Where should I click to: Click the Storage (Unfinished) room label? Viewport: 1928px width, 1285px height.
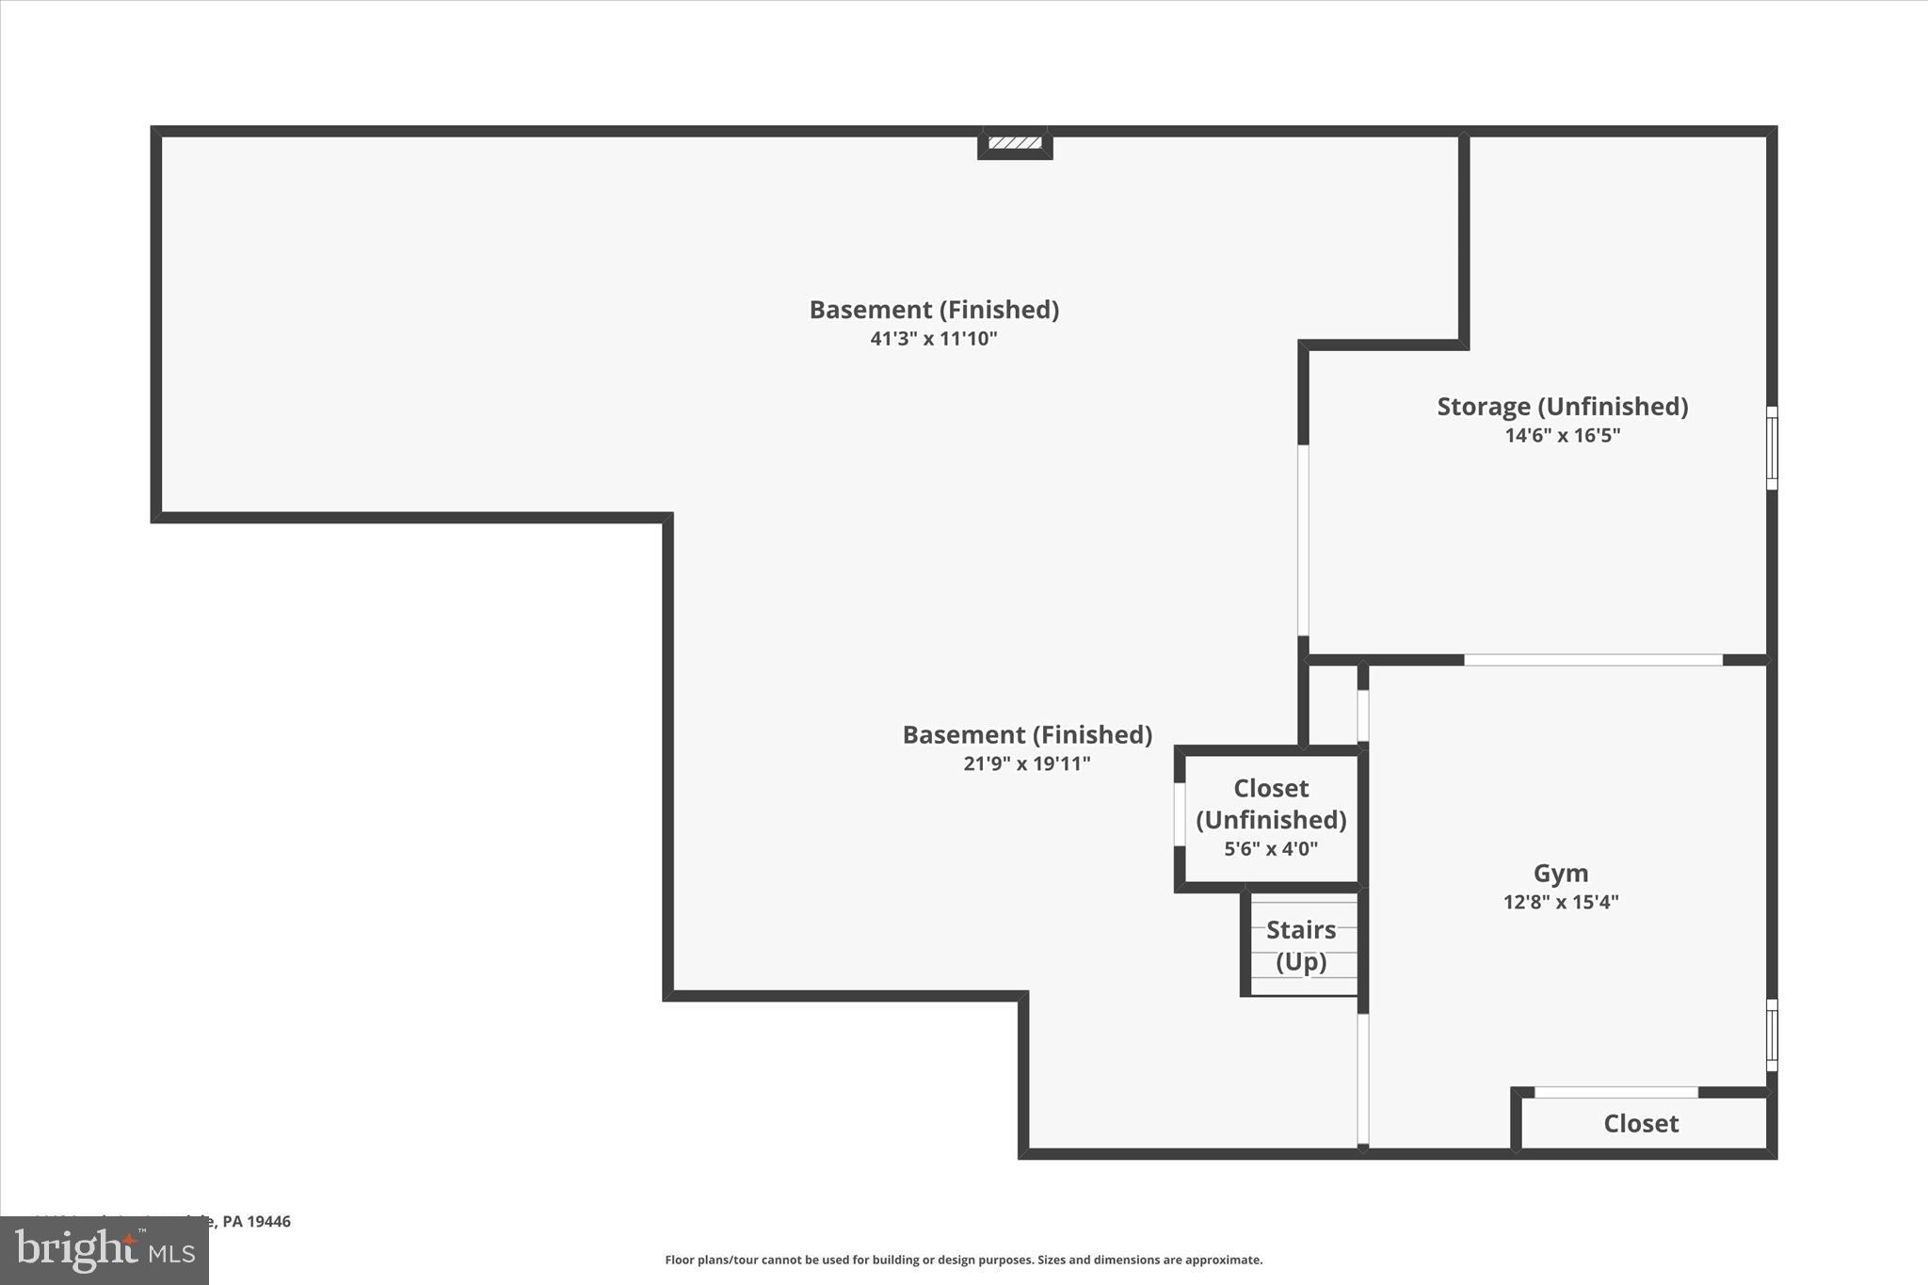point(1562,407)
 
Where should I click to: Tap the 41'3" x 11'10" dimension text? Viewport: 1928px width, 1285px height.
point(933,339)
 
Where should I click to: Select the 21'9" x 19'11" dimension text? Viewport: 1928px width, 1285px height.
point(1026,763)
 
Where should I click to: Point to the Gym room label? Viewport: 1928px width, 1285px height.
point(1561,874)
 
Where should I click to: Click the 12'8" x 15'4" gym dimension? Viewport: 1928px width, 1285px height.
point(1561,902)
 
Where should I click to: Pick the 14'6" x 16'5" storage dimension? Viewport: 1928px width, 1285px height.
point(1562,436)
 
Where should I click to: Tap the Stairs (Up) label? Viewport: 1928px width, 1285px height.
point(1301,945)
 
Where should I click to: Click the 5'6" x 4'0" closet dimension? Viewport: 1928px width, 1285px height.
point(1270,849)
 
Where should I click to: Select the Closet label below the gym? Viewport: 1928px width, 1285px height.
point(1641,1123)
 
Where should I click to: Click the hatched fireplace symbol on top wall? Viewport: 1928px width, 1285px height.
point(1015,143)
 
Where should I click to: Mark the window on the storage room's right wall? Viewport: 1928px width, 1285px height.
point(1772,448)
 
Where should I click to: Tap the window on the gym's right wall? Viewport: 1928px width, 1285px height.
point(1772,1035)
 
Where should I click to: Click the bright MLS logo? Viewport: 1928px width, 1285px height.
point(104,1250)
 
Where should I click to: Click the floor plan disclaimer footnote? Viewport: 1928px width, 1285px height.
point(963,1260)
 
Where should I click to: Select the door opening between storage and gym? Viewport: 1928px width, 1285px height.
point(1593,660)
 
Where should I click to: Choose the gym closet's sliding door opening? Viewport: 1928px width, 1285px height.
point(1616,1092)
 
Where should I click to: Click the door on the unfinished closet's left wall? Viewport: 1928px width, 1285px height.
point(1180,814)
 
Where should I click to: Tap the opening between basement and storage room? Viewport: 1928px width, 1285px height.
point(1303,540)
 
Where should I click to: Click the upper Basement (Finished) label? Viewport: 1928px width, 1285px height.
point(934,310)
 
